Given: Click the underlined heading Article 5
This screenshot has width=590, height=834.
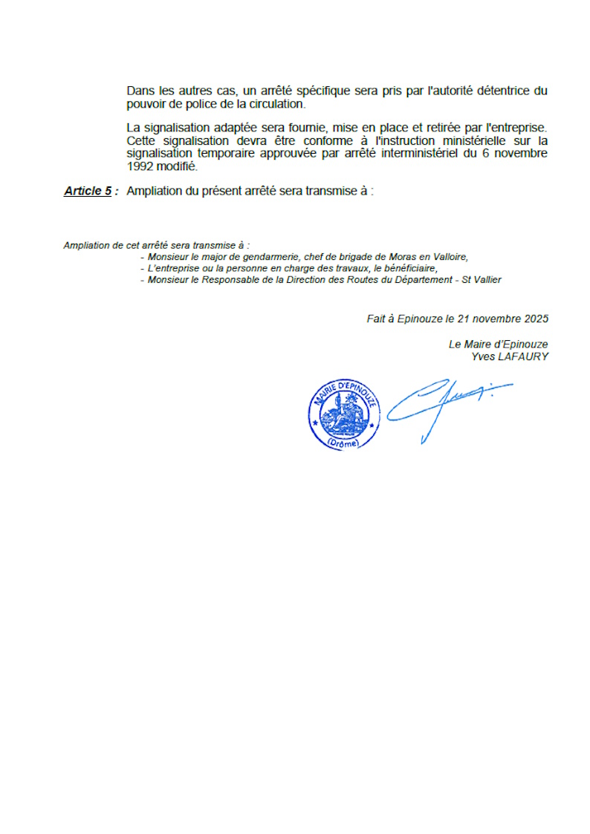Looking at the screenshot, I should [x=88, y=191].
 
